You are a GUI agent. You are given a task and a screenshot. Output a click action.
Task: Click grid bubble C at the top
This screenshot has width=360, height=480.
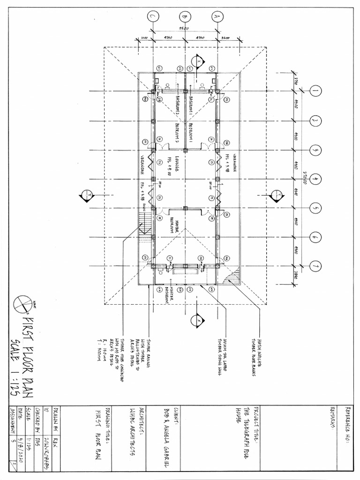pyautogui.click(x=152, y=17)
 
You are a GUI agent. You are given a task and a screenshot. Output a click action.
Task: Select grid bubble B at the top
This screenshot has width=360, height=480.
pyautogui.click(x=185, y=17)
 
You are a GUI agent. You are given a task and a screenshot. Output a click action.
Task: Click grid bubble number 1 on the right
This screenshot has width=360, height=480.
pyautogui.click(x=315, y=91)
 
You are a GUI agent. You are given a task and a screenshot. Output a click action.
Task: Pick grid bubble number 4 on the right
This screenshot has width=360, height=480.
pyautogui.click(x=315, y=179)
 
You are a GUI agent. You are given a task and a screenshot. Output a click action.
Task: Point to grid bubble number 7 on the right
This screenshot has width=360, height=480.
pyautogui.click(x=315, y=266)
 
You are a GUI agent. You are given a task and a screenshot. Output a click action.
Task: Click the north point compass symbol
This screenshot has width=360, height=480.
pyautogui.click(x=23, y=304)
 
